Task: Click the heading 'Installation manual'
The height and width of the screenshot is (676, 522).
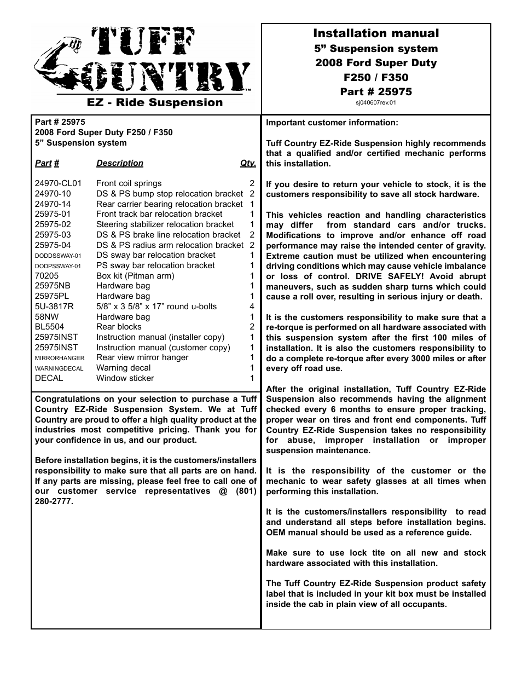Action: tap(376, 33)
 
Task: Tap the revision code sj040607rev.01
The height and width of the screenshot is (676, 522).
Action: tap(376, 102)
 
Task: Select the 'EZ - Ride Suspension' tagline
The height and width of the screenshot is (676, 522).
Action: tap(155, 102)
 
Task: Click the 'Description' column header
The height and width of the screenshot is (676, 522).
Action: tap(120, 163)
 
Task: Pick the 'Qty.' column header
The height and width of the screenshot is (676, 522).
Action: tap(248, 163)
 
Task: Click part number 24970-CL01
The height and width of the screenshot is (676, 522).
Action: tap(58, 183)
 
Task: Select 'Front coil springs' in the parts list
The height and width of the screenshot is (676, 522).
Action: tap(129, 183)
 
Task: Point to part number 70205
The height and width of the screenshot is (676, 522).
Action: tap(46, 276)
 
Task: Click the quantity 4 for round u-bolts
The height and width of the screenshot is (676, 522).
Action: tap(252, 307)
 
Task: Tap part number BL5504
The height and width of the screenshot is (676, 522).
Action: tap(49, 327)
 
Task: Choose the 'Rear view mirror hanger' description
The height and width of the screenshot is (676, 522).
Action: tap(142, 357)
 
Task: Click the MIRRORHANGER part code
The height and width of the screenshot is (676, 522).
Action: tap(60, 358)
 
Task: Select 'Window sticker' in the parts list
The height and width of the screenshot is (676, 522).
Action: tap(125, 378)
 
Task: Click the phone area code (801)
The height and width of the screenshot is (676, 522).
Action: tap(246, 491)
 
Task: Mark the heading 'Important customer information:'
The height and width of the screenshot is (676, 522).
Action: tap(332, 123)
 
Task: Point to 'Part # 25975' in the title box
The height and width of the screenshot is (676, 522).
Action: tap(376, 91)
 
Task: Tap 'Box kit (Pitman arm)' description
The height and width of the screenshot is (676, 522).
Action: tap(135, 276)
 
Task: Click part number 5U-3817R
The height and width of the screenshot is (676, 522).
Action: tap(54, 307)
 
